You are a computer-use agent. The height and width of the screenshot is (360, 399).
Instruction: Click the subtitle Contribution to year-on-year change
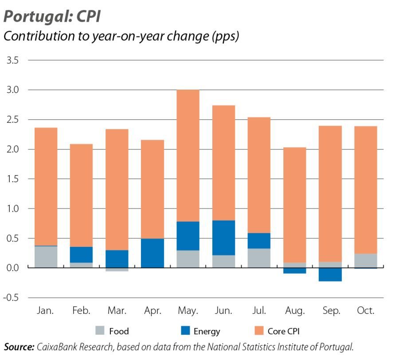[x=121, y=36]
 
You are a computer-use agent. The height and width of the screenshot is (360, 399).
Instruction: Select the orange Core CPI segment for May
[x=188, y=155]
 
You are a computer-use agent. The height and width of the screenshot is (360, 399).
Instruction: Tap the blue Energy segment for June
[x=223, y=238]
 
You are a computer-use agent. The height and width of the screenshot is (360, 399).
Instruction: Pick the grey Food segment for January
[x=46, y=257]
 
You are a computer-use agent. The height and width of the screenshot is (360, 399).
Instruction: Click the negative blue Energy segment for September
[x=330, y=274]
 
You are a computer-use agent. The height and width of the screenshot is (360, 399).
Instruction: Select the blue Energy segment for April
[x=153, y=253]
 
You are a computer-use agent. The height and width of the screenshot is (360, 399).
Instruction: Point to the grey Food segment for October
[x=366, y=261]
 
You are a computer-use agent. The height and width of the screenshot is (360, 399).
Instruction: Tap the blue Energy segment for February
[x=82, y=254]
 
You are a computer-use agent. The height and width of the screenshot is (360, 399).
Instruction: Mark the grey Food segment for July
[x=259, y=258]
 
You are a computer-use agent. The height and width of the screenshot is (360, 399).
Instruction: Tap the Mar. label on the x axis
[x=117, y=310]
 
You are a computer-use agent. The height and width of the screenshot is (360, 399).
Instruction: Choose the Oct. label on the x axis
[x=366, y=310]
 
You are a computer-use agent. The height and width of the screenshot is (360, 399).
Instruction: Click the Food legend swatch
[x=100, y=331]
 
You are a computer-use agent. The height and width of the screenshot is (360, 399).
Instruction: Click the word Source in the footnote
[x=19, y=347]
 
